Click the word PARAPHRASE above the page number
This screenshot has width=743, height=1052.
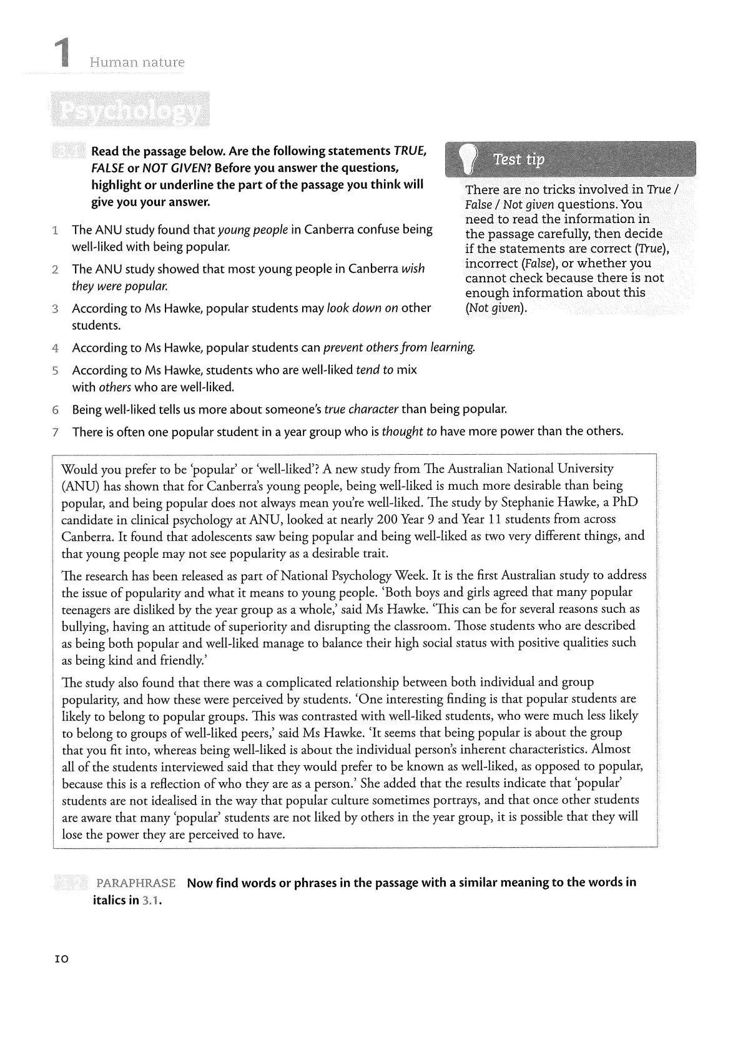tap(135, 883)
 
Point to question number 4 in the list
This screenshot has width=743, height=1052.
tap(56, 348)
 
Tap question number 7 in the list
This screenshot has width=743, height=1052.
tap(56, 432)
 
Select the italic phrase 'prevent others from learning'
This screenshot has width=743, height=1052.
tap(399, 347)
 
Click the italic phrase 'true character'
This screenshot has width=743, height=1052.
tap(361, 410)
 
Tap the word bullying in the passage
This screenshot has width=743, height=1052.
tap(84, 626)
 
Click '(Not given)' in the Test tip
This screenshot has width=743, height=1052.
tap(496, 308)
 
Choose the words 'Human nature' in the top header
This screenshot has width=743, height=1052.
tap(137, 62)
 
